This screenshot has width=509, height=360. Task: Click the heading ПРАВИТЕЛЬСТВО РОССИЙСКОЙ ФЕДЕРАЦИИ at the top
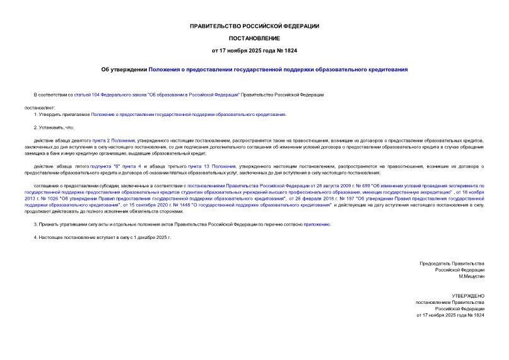point(254,26)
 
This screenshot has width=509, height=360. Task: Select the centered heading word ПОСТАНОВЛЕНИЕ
point(254,38)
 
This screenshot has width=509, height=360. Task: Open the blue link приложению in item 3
point(317,224)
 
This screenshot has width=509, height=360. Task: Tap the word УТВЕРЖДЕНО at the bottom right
point(468,295)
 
